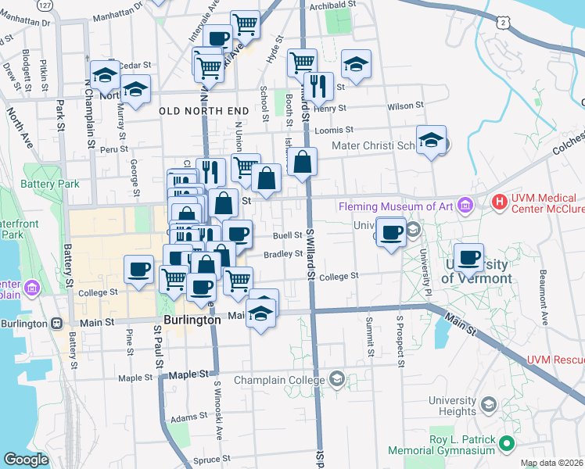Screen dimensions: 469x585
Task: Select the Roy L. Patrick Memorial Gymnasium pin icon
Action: click(507, 444)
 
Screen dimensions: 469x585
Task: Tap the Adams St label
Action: click(188, 418)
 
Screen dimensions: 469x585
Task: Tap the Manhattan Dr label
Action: click(118, 15)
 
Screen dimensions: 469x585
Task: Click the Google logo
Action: click(26, 460)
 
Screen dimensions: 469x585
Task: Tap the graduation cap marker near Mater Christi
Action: click(431, 141)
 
